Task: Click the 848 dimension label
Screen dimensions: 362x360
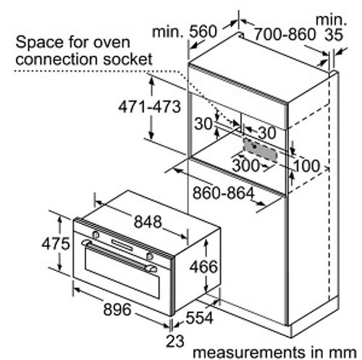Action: (148, 222)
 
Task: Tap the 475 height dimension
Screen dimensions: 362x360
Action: (56, 243)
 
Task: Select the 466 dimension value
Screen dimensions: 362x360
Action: (203, 267)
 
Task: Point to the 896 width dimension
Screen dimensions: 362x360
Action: (117, 309)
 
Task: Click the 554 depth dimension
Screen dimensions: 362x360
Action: (199, 317)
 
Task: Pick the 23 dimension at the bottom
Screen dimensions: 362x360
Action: (175, 341)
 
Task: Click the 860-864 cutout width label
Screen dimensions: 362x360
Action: (224, 193)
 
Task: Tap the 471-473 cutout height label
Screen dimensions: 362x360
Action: (150, 106)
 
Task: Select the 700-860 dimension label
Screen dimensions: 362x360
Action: (285, 34)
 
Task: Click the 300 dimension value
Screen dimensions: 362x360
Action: (245, 165)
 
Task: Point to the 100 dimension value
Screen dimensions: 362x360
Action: (306, 166)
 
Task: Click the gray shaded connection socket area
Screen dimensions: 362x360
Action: (261, 150)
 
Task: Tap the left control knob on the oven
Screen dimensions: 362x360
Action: (96, 235)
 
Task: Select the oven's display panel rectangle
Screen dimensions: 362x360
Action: (122, 245)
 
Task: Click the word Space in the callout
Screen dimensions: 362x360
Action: (40, 43)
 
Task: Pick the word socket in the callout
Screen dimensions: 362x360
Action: (128, 59)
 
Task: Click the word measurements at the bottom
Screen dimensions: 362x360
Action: (249, 352)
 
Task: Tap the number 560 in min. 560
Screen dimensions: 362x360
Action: (203, 32)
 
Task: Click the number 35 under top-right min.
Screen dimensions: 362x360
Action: (334, 35)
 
